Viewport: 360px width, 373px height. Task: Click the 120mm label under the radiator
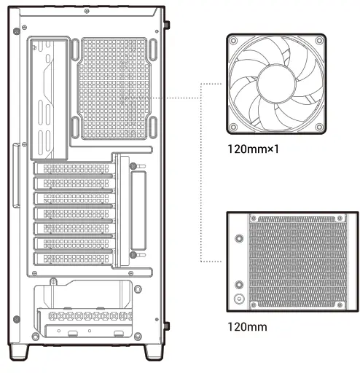coord(247,326)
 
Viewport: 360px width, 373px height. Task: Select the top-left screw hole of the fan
coord(234,41)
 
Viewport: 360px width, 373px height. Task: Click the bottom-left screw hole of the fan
coord(234,128)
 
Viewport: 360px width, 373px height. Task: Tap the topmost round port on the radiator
coord(239,237)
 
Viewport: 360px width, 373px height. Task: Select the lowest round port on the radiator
coord(239,299)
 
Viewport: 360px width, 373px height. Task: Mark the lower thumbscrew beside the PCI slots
coord(133,254)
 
